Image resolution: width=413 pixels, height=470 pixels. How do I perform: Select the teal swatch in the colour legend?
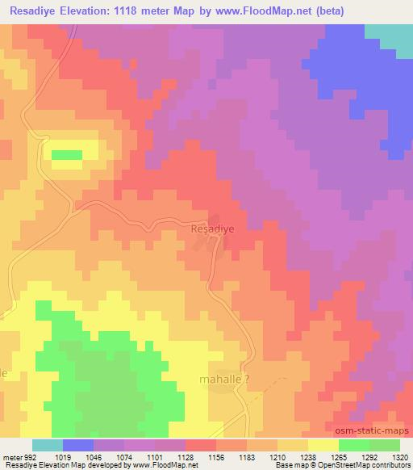(x=48, y=445)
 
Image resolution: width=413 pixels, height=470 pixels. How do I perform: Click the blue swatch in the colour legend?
(x=78, y=445)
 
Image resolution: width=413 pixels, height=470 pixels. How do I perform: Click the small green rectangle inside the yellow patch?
(x=67, y=154)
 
